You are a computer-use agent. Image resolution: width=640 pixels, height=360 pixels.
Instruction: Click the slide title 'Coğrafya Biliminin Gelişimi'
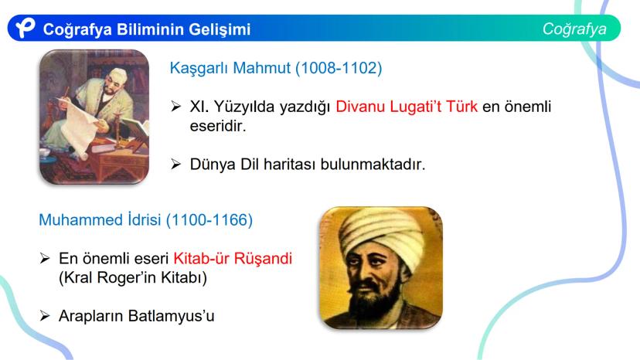[147, 29]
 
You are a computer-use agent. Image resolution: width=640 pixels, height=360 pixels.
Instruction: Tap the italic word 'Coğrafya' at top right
[574, 29]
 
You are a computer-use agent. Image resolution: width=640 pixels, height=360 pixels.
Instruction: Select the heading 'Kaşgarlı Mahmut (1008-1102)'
[276, 69]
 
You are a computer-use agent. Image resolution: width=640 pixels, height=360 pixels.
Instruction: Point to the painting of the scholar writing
[94, 116]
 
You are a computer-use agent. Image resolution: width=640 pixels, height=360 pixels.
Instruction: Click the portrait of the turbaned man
[380, 267]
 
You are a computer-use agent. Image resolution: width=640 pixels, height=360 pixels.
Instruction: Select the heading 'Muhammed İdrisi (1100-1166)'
[145, 220]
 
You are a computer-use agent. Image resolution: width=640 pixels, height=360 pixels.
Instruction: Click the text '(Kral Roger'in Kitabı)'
[132, 277]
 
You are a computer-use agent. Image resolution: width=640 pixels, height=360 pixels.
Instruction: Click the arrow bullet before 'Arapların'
[45, 315]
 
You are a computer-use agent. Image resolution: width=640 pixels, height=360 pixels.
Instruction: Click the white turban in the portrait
[375, 229]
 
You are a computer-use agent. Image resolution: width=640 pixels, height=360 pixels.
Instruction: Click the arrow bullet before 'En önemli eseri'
[45, 258]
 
